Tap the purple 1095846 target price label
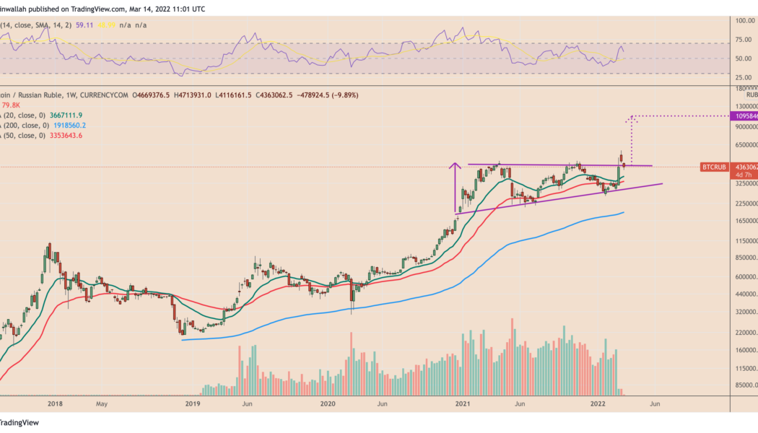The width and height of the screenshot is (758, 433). coord(746,116)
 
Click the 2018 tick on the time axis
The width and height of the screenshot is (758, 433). coord(52,404)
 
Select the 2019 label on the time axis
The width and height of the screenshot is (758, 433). coord(192,404)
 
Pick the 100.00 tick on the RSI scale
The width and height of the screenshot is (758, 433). coord(746,20)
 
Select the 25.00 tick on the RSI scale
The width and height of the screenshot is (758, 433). coord(746,76)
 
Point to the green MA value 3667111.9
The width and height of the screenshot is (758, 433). coord(70,115)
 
